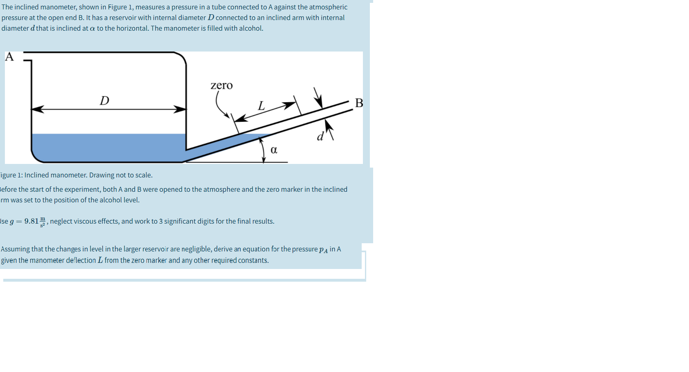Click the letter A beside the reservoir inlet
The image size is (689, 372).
click(9, 57)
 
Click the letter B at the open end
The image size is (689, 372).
click(359, 103)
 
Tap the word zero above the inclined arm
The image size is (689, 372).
click(221, 85)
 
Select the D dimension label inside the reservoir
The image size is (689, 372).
click(104, 101)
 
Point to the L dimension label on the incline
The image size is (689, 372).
click(261, 106)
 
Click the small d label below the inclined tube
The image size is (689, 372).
click(320, 137)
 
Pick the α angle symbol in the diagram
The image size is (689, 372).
click(274, 150)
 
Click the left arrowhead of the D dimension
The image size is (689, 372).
click(37, 109)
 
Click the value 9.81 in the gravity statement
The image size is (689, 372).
click(32, 221)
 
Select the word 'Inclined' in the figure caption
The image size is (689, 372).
click(36, 175)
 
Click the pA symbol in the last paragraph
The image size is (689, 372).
click(323, 249)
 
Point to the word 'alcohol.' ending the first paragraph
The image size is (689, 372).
click(251, 28)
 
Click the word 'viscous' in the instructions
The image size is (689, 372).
click(95, 221)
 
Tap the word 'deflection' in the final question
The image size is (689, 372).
click(81, 260)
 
